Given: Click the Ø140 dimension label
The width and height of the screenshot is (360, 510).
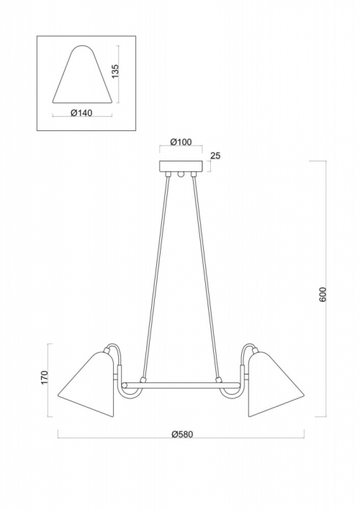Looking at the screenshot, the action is tap(81, 113).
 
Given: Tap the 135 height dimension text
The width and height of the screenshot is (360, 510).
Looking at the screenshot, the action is tap(115, 71).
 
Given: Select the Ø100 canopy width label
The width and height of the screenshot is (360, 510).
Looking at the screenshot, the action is tap(181, 142).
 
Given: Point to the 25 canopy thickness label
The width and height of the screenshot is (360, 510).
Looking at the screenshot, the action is tap(215, 156).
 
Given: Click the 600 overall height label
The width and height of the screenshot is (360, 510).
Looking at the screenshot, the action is tap(323, 294).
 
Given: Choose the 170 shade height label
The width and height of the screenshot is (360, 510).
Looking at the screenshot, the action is tap(45, 377).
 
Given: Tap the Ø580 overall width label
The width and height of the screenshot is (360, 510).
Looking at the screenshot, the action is tap(182, 434).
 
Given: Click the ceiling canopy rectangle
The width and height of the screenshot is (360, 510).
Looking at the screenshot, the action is tap(181, 166).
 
